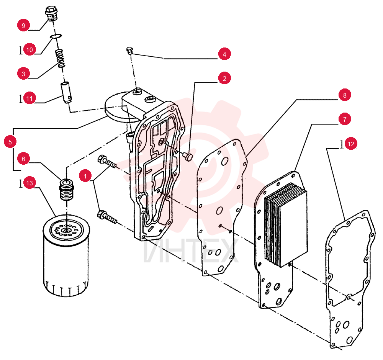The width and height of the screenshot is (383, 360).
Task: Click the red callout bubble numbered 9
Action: [x=23, y=25]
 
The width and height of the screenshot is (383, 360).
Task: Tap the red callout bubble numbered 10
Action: [x=29, y=49]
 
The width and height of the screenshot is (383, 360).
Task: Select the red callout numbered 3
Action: [x=23, y=74]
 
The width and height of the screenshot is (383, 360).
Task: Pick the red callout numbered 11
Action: [x=29, y=98]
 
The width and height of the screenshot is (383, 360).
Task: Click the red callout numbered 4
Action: [x=224, y=54]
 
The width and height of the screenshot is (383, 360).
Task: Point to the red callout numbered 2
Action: [x=224, y=78]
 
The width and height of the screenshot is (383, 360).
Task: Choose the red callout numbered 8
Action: [x=345, y=95]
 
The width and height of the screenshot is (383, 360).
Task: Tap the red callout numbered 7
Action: [x=345, y=119]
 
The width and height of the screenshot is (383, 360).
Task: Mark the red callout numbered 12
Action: [x=351, y=144]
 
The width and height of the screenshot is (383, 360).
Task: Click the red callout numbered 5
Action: [x=10, y=142]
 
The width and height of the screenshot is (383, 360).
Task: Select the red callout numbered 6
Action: [x=23, y=159]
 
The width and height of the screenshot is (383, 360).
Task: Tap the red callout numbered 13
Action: [x=29, y=183]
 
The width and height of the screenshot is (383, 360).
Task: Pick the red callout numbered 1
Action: [x=85, y=176]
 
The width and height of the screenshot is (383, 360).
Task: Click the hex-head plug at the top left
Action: [x=51, y=14]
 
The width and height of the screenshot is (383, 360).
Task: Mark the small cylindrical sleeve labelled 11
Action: [x=66, y=93]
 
